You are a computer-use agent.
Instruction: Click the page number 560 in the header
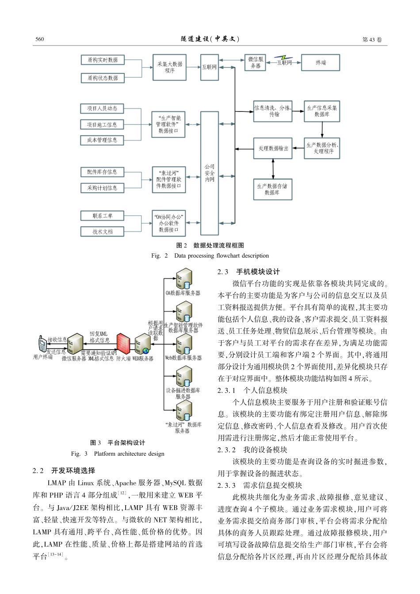(40, 39)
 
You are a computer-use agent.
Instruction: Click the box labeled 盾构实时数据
(103, 60)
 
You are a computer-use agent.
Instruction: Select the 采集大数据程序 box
(169, 67)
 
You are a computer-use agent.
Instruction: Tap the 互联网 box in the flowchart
(210, 67)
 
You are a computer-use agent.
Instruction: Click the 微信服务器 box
(256, 62)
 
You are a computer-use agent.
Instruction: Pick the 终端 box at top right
(321, 63)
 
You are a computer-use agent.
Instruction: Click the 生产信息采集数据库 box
(322, 111)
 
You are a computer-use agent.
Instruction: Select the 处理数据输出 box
(273, 148)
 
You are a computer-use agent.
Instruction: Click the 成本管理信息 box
(102, 140)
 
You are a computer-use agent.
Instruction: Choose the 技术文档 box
(102, 232)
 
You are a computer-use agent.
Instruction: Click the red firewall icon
(123, 343)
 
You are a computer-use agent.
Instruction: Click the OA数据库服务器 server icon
(183, 279)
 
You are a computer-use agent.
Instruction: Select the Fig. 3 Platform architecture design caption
(118, 453)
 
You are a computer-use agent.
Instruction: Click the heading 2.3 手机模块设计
(248, 272)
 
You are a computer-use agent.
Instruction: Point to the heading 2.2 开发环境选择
(64, 471)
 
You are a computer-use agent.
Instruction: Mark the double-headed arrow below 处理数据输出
(273, 168)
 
